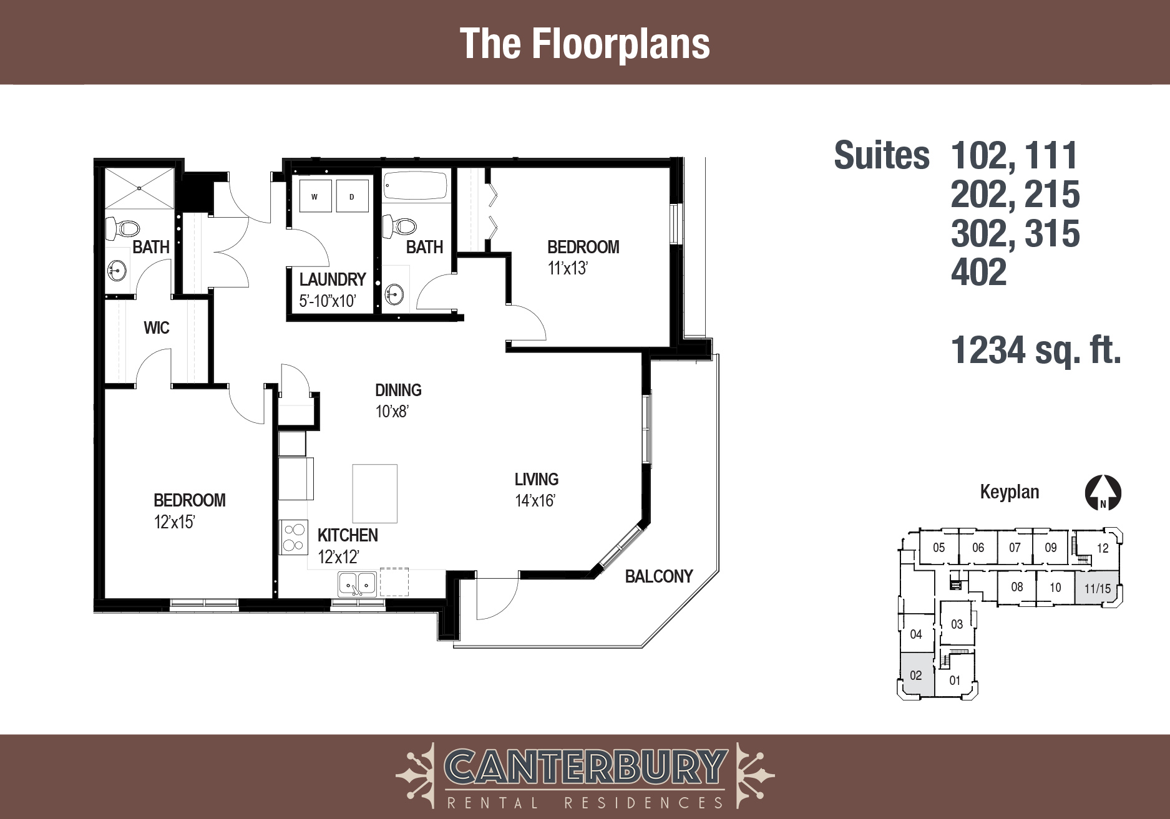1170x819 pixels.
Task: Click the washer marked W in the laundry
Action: (x=314, y=196)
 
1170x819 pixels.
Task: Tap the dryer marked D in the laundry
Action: (x=352, y=196)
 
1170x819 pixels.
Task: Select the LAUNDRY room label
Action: (x=333, y=279)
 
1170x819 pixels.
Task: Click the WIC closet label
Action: (x=157, y=328)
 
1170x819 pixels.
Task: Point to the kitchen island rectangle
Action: (x=375, y=493)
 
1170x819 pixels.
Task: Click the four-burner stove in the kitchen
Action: (x=294, y=538)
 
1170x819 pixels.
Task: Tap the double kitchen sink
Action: (x=358, y=584)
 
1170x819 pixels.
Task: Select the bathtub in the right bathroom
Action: (x=416, y=186)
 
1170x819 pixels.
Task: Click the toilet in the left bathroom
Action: (x=122, y=228)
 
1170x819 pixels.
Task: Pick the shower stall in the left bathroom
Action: (x=139, y=188)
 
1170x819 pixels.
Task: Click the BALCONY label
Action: (x=659, y=576)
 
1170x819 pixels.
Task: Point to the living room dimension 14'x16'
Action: (x=535, y=501)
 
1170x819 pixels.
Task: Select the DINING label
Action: (x=398, y=390)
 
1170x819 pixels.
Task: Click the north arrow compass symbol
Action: (x=1103, y=493)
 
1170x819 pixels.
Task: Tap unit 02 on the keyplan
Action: (x=916, y=675)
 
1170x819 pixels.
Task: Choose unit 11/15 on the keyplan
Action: (x=1097, y=588)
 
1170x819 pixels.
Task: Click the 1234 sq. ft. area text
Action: (x=1036, y=350)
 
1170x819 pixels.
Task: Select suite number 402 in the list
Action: (x=978, y=272)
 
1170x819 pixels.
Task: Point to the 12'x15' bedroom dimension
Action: (x=175, y=522)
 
